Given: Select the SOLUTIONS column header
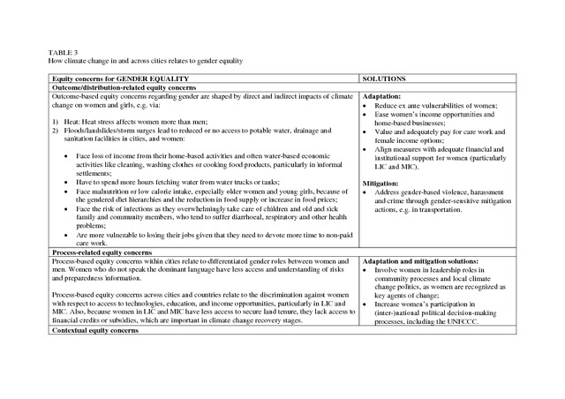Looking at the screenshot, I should [x=385, y=79].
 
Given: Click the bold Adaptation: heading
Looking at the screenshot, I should [x=381, y=95].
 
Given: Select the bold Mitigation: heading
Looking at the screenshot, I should [x=380, y=183].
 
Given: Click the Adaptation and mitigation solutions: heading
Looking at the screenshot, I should [x=418, y=261].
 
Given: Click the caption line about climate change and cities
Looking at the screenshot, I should [x=145, y=60].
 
